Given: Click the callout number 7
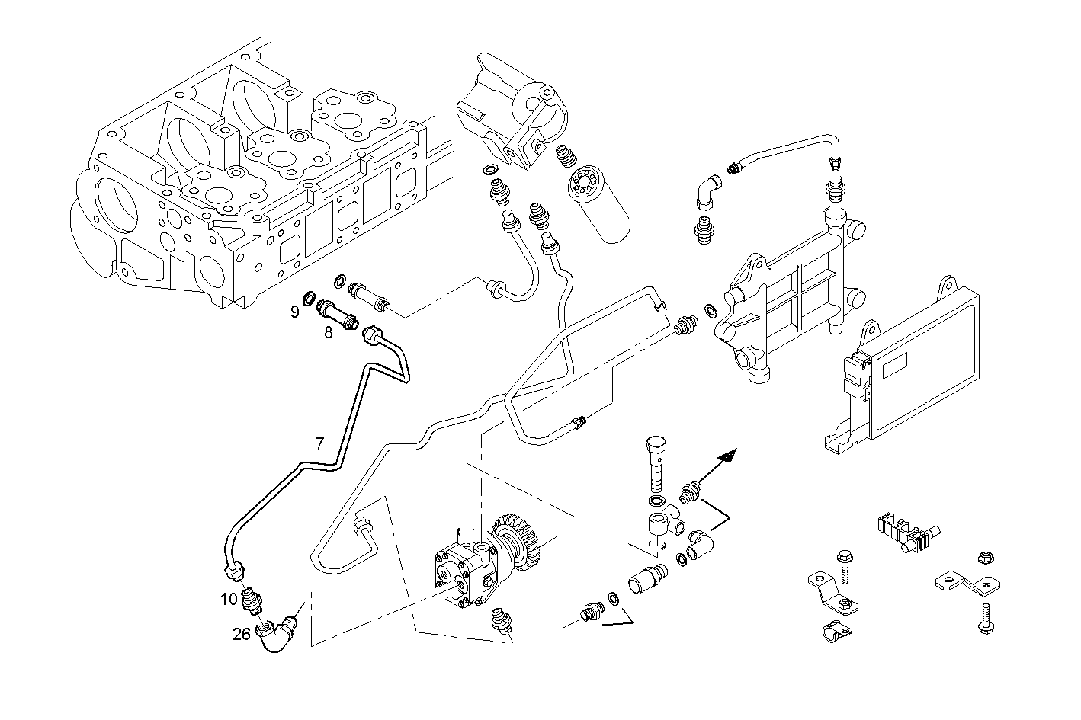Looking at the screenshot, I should coord(320,442).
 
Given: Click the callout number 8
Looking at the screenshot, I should coord(328,332).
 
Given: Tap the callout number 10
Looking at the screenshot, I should coord(229,599).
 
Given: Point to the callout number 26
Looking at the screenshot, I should coord(242,633).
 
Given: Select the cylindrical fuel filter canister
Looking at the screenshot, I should coord(601,203).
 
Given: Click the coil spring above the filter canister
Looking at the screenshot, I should coord(566,156).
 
